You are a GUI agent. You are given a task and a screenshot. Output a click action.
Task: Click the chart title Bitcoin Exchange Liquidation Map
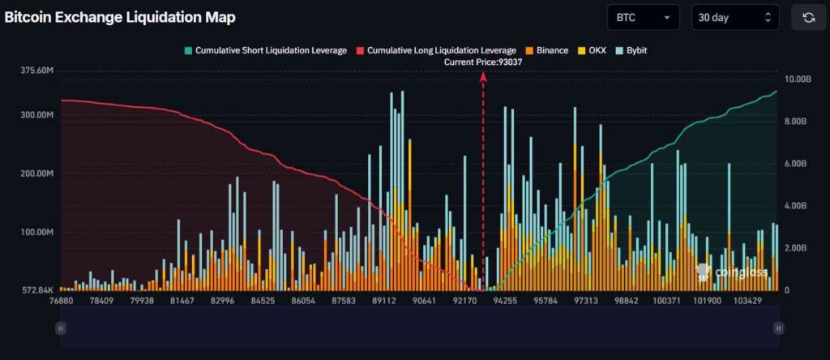120,17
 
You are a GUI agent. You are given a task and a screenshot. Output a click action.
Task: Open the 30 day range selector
734,17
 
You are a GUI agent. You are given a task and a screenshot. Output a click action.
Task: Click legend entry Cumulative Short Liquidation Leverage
265,50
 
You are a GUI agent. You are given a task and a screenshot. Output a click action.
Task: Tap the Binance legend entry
547,50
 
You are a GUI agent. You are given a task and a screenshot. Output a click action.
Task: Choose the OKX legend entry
594,50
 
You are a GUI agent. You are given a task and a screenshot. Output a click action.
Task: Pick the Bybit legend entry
631,50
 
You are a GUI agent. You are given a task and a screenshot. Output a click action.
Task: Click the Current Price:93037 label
484,62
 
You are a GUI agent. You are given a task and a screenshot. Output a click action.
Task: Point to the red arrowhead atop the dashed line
484,75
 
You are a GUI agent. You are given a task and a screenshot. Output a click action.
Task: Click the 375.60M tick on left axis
37,71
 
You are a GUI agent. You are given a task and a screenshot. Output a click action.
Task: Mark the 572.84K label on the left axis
37,289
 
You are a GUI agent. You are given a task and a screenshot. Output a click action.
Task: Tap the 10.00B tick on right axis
798,79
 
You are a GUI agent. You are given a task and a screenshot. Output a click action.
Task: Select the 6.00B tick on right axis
798,164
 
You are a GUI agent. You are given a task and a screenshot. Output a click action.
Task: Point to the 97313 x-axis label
586,301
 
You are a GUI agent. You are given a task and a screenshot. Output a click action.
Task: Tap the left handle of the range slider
61,328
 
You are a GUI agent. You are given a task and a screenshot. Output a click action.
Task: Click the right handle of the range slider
778,328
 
